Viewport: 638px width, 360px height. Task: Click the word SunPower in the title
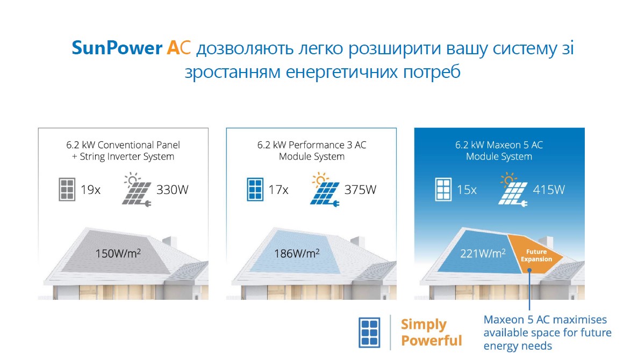(x=117, y=48)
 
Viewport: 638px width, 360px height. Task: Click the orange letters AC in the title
(x=178, y=48)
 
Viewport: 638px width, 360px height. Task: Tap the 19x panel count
(x=90, y=190)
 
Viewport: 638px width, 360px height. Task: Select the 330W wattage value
(x=173, y=190)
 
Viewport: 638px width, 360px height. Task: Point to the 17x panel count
(x=278, y=190)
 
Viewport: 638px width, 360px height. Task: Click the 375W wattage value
(x=361, y=190)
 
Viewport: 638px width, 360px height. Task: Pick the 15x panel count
(x=467, y=190)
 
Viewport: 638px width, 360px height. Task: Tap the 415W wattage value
(x=549, y=190)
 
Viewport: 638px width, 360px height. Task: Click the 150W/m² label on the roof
(x=118, y=254)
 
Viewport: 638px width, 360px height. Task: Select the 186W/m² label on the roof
(x=297, y=254)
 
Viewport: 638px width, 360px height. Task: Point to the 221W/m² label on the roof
(x=483, y=254)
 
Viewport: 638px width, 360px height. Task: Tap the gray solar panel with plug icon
(x=137, y=190)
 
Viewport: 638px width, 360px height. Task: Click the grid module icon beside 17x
(x=255, y=190)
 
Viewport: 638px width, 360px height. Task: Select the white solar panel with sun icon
(x=513, y=190)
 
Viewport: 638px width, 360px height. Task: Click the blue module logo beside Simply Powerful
(x=369, y=333)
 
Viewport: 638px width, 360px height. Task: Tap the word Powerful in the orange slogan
(x=431, y=341)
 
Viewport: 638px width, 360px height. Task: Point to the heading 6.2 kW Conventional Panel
(x=123, y=145)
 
